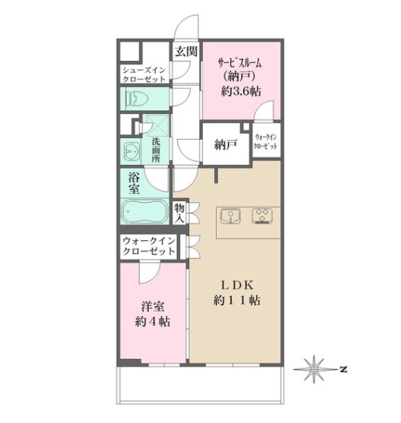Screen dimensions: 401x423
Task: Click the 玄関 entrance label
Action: [186, 51]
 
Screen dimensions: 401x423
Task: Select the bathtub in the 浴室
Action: [145, 211]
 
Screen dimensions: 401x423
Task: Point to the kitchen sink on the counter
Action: [230, 216]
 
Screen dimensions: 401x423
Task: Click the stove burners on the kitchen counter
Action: [262, 216]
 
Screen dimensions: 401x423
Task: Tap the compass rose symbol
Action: [314, 369]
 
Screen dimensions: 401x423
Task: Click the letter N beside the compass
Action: [343, 369]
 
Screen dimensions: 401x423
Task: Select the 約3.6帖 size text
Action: [241, 91]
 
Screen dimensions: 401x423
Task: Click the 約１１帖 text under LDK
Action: [237, 300]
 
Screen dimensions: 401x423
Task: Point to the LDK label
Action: [237, 286]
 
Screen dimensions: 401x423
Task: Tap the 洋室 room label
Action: [152, 307]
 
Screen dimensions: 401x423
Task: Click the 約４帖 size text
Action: [152, 322]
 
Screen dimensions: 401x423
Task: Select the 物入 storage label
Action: [179, 213]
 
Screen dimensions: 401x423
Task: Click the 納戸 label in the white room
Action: [226, 145]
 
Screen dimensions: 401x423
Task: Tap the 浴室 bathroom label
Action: [134, 184]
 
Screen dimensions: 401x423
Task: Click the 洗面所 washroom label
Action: [156, 150]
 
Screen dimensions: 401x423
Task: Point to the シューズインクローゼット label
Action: [144, 74]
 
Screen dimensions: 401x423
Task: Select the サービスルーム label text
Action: [239, 63]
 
